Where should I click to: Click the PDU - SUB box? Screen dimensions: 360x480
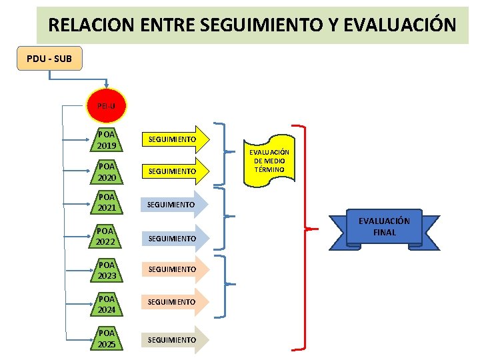pos(49,59)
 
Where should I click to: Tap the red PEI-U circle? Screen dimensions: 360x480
pos(106,106)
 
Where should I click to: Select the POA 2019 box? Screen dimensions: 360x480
pos(107,140)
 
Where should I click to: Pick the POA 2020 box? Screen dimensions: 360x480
pos(107,172)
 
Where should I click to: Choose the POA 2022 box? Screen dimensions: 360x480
pos(107,236)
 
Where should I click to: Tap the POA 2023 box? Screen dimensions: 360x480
pos(107,269)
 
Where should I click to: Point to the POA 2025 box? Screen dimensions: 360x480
pos(107,339)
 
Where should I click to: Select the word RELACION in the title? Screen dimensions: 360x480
pos(85,25)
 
